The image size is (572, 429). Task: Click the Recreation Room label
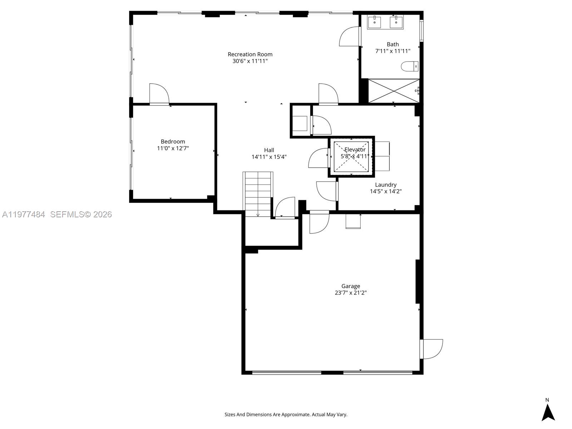point(250,54)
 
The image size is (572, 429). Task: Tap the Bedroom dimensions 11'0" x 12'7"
point(173,148)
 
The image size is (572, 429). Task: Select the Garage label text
point(350,286)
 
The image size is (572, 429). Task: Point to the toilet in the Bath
point(409,66)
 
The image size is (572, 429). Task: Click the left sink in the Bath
point(374,22)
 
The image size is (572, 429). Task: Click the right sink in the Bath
point(396,22)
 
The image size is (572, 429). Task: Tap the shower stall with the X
point(393,91)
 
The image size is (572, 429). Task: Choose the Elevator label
point(355,150)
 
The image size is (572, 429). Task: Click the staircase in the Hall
point(258,193)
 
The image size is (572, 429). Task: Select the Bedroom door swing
point(159,94)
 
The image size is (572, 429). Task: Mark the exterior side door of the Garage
point(432,349)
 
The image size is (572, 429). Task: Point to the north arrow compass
point(548,411)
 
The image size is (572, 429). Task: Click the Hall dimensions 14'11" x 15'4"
point(269,157)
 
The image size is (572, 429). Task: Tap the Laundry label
point(385,185)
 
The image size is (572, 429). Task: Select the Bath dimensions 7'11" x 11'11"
point(393,51)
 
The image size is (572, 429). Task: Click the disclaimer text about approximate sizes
point(286,415)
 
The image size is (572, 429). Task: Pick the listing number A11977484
point(24,214)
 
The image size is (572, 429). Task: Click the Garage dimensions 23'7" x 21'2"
point(350,293)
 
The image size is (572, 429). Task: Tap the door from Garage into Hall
point(319,222)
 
